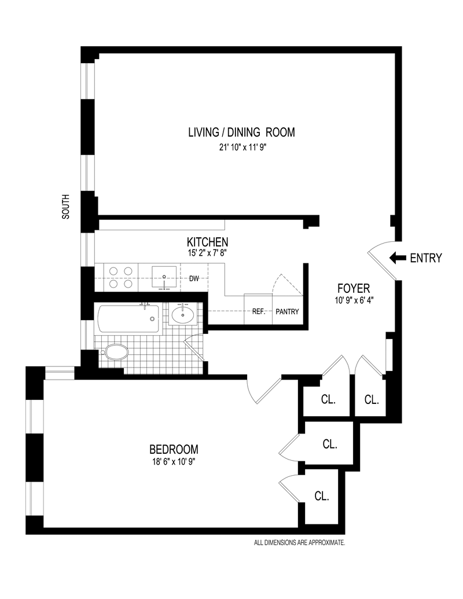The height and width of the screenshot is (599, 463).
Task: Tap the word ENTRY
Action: point(425,258)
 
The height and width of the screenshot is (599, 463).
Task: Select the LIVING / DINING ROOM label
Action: point(241,133)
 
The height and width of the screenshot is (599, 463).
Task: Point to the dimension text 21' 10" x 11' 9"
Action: point(241,147)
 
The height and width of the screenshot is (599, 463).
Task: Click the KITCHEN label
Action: point(207,242)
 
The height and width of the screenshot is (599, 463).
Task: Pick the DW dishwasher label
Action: point(194,278)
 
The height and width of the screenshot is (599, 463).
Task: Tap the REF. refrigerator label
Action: point(258,311)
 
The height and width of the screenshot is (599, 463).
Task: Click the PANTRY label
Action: point(287,311)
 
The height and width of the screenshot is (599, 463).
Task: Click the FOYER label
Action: point(354,288)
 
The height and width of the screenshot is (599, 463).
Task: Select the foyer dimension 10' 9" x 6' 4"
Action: point(354,300)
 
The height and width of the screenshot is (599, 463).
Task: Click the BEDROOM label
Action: point(174,449)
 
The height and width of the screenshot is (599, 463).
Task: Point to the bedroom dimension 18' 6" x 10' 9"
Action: point(174,462)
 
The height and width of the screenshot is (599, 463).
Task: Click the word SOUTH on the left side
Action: point(66,206)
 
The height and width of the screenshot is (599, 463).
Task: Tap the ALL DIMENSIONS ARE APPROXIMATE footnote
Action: point(300,543)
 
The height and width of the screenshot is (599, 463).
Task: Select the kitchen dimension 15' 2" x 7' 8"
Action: point(207,252)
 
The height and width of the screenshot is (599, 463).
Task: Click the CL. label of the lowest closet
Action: point(322,496)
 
